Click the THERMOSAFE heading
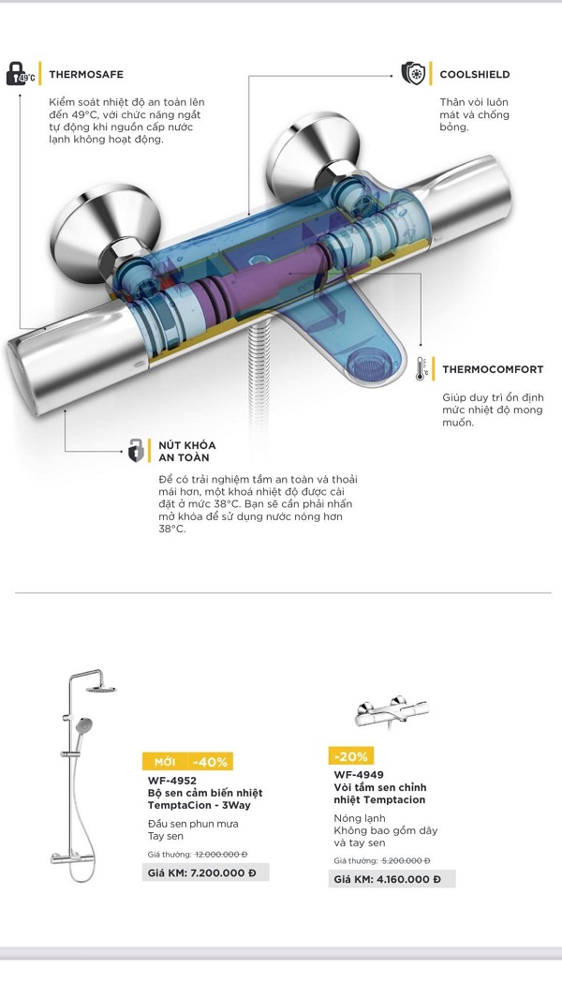(x=86, y=75)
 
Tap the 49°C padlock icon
(x=21, y=74)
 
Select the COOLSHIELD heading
(x=474, y=75)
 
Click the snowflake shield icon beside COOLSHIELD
(x=413, y=73)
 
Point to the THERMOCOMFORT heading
(x=493, y=369)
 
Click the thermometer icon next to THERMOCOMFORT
(x=421, y=369)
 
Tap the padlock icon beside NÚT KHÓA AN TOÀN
(x=136, y=451)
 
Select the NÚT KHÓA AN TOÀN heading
(x=187, y=451)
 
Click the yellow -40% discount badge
(x=211, y=762)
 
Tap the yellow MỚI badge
(x=165, y=762)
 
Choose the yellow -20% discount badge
(x=350, y=756)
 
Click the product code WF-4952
(x=171, y=781)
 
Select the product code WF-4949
(x=359, y=775)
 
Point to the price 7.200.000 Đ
(x=223, y=872)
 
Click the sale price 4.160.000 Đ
(x=408, y=879)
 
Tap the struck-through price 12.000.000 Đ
(x=221, y=855)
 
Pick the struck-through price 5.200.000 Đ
(x=407, y=860)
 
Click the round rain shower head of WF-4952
(x=101, y=689)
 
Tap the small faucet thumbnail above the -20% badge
(x=391, y=711)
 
